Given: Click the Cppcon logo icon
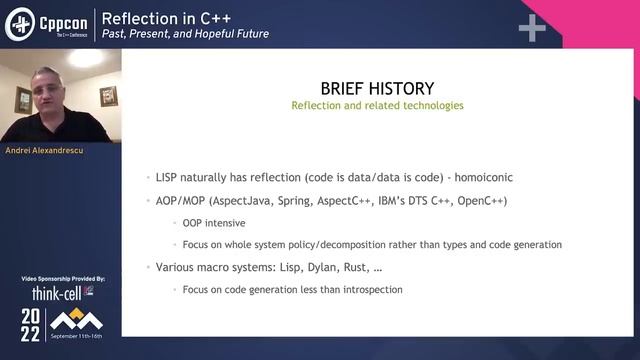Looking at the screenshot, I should (x=20, y=25).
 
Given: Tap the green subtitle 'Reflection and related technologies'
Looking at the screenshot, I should (x=376, y=105).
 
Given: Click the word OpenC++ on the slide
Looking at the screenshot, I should (x=483, y=200).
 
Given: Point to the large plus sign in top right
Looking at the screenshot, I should (x=531, y=28).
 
